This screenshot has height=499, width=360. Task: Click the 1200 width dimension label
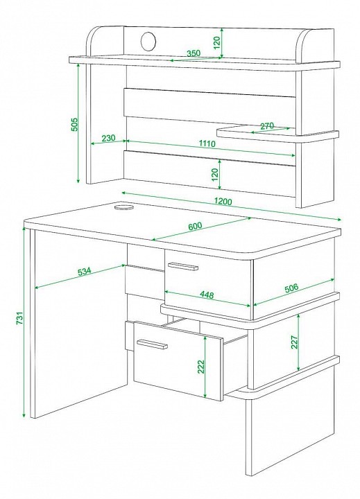tap(223, 201)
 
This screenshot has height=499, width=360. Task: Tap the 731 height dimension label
tap(19, 317)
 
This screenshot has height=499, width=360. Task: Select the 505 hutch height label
tap(74, 125)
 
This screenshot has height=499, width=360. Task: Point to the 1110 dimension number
tap(207, 143)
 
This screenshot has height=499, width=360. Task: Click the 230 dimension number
tap(108, 138)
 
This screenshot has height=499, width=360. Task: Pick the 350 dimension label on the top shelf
tap(194, 53)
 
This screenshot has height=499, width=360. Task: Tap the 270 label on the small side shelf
tap(267, 126)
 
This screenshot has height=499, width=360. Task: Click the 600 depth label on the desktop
tap(195, 226)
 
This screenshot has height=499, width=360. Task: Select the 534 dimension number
tap(85, 272)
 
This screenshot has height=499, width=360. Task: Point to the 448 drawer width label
tap(207, 295)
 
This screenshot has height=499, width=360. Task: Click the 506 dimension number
tap(291, 288)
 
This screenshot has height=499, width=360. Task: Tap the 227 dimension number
tap(294, 342)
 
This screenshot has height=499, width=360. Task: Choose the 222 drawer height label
tap(200, 367)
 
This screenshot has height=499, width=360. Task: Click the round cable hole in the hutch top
tap(148, 42)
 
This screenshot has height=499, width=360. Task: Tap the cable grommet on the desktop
tap(123, 208)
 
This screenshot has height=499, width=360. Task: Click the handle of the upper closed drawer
tap(183, 266)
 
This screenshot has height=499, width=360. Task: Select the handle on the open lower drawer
tap(153, 344)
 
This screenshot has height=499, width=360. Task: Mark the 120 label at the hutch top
tap(216, 43)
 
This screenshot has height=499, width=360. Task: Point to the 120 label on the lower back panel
tap(214, 175)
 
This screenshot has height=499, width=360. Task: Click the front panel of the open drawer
tap(178, 360)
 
